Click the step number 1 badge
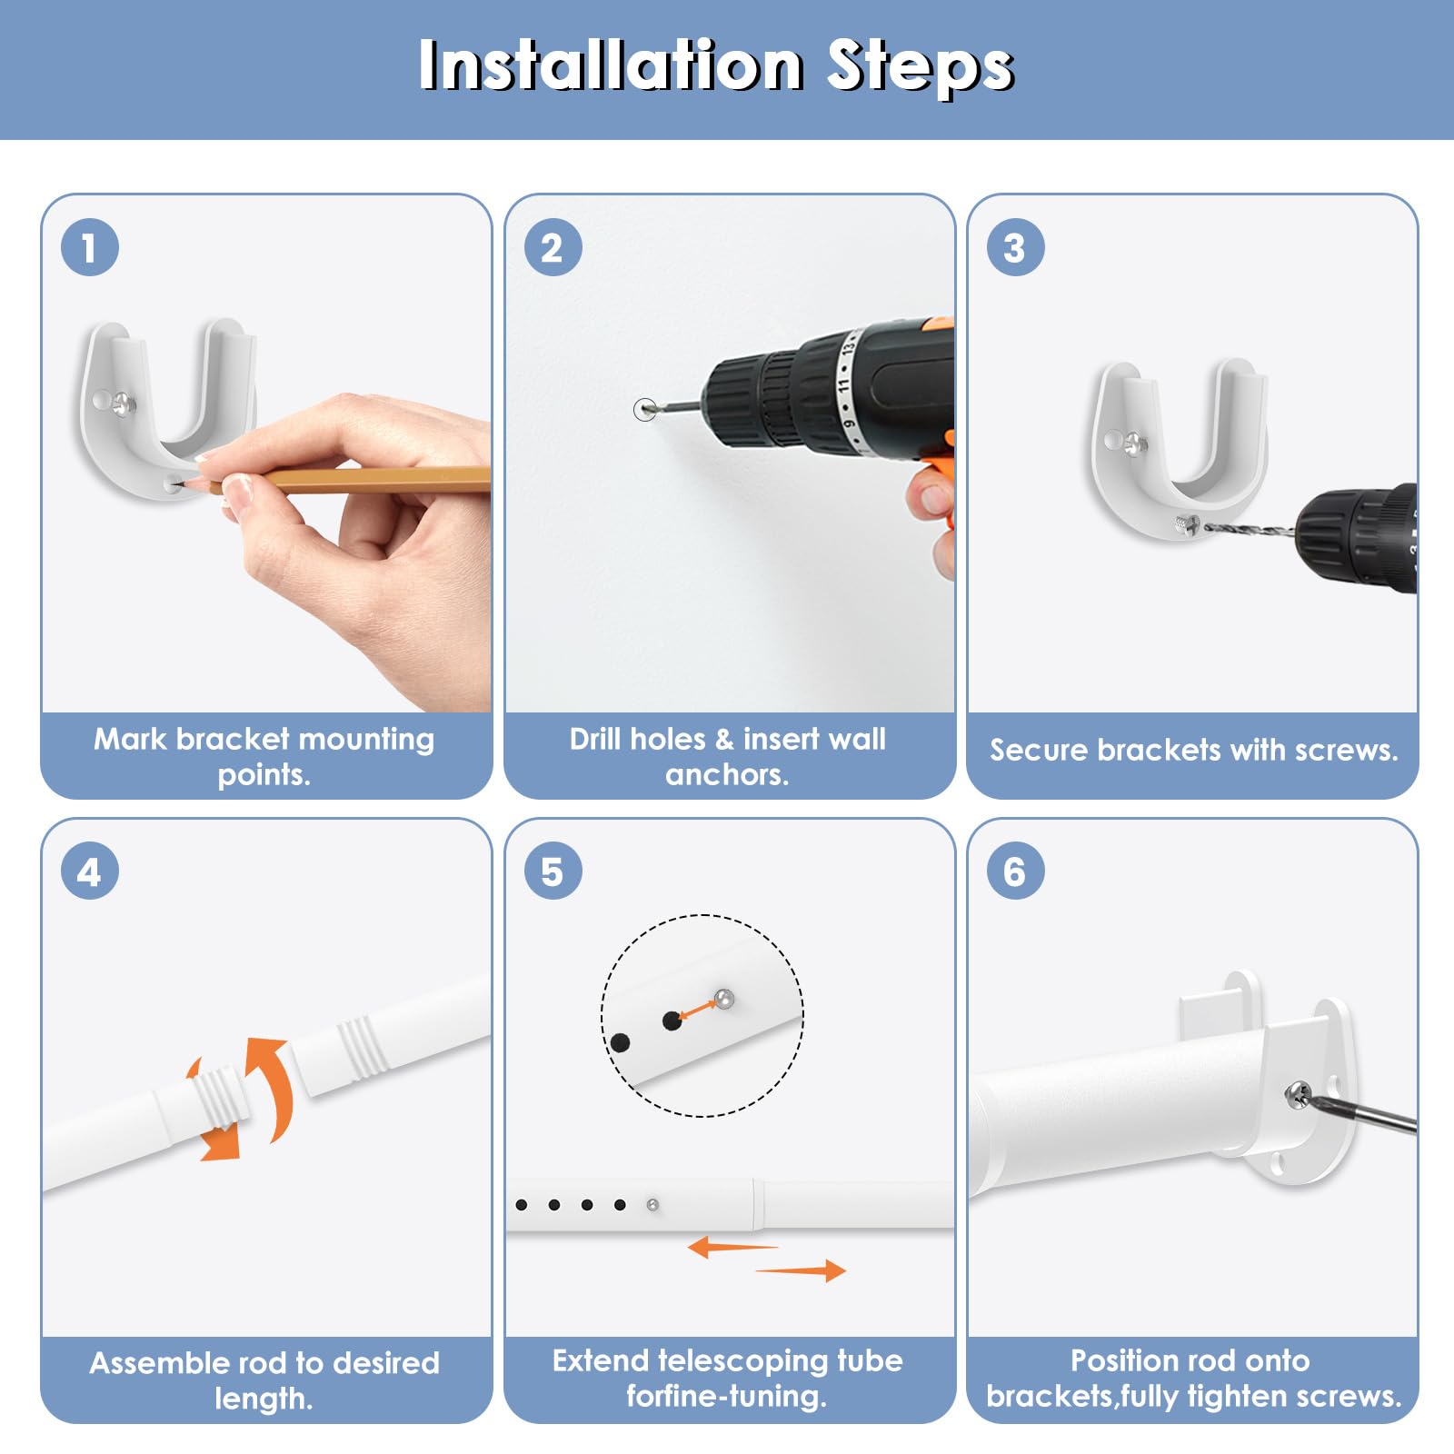point(89,247)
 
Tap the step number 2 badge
point(553,247)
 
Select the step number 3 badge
point(1015,247)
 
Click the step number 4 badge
point(89,871)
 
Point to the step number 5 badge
point(553,871)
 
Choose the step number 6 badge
point(1015,871)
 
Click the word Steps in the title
point(920,67)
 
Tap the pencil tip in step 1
point(185,484)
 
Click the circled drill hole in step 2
point(644,410)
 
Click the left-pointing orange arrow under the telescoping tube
point(732,1247)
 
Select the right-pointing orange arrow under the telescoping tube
point(801,1270)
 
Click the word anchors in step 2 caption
point(727,775)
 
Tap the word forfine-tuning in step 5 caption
point(727,1397)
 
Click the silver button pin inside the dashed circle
point(723,999)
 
